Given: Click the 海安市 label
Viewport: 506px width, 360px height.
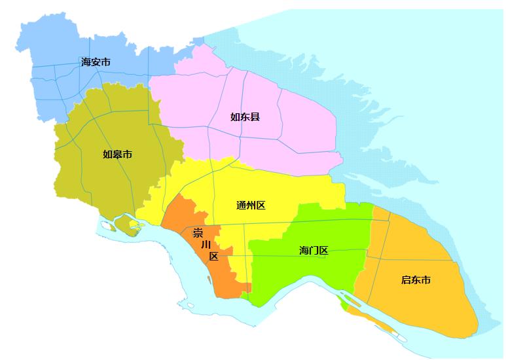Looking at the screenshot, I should point(96,62).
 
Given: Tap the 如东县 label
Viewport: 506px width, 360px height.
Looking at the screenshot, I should point(245,117).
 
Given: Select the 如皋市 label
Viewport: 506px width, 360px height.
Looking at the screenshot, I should point(118,154).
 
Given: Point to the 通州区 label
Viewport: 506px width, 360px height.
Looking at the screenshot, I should point(251,206).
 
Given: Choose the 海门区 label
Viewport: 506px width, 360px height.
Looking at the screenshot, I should point(313,250).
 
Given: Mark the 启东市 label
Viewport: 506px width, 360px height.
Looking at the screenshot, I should point(416,280).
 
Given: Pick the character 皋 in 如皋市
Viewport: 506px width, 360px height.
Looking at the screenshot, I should point(118,154).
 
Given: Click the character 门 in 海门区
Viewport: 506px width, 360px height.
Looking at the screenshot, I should point(313,250).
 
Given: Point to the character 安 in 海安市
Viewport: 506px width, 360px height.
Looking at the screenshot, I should point(96,62).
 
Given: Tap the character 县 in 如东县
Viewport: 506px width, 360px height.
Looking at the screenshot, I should point(255,117).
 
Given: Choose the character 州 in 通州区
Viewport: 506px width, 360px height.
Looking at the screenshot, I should point(251,206).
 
